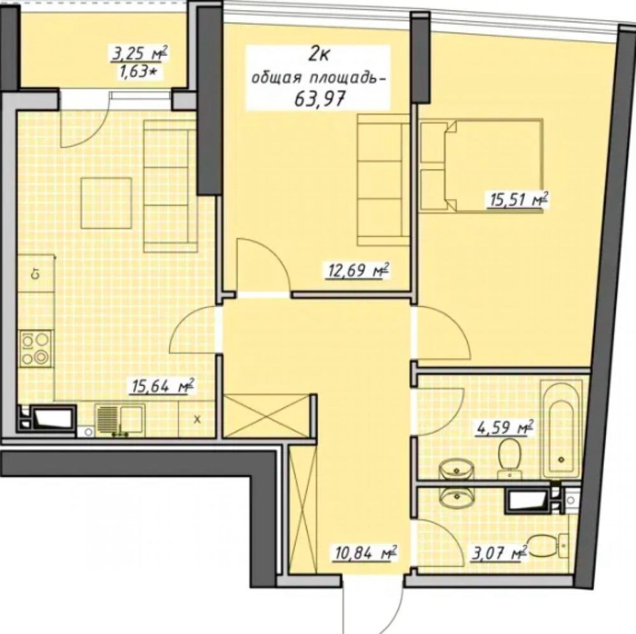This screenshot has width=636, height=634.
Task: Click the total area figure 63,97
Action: click(x=319, y=98)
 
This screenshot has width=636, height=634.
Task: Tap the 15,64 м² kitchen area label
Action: click(x=162, y=386)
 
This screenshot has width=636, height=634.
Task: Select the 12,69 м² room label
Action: click(x=357, y=270)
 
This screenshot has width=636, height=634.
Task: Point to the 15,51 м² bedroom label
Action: click(x=516, y=200)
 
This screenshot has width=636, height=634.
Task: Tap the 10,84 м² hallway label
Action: click(x=364, y=553)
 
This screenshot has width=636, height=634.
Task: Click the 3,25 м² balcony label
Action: click(x=139, y=54)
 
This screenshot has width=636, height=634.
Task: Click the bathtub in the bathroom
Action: click(x=562, y=431)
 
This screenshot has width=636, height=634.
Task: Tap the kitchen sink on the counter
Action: click(x=120, y=420)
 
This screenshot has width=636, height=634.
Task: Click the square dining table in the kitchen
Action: click(x=106, y=203)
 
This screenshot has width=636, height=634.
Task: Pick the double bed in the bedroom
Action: click(x=481, y=165)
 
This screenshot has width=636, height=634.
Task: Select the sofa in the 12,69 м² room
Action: click(x=383, y=180)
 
